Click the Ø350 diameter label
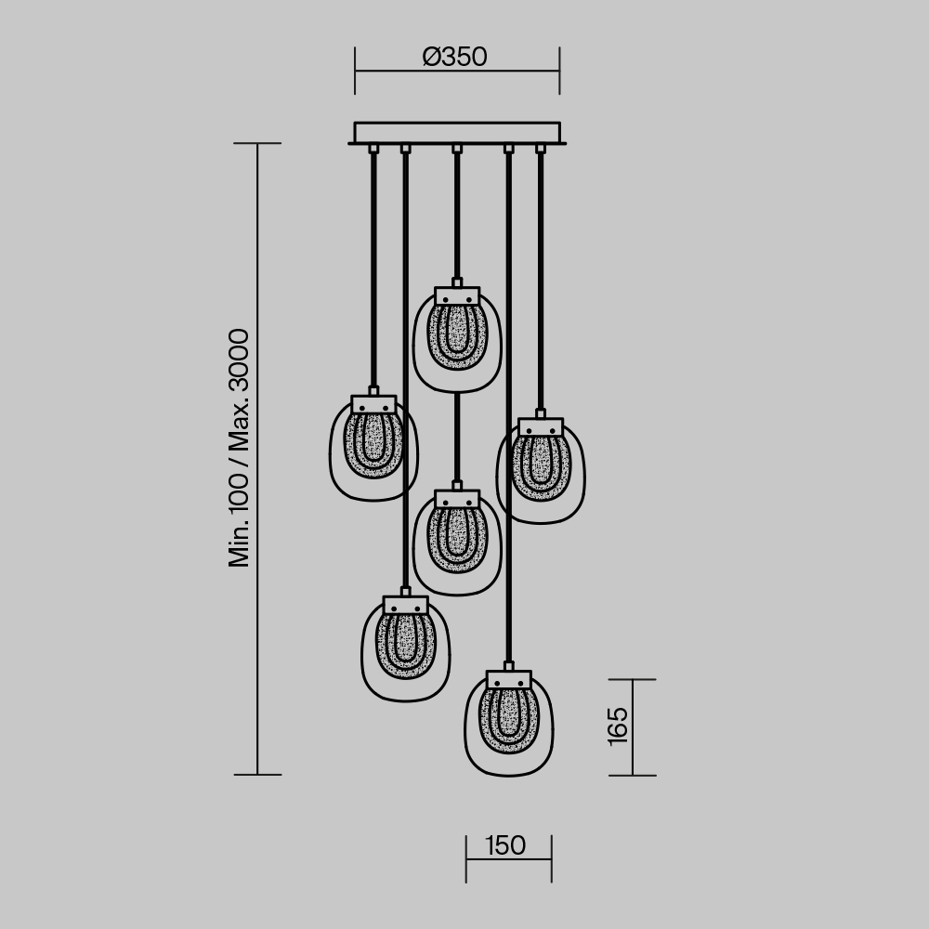tap(454, 58)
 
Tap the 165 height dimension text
tap(618, 726)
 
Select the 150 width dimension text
tap(505, 845)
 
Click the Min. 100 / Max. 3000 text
tap(240, 447)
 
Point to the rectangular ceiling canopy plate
tap(457, 133)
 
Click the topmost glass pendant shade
tap(457, 344)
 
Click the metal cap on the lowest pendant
tap(508, 679)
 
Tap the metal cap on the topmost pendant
tap(457, 295)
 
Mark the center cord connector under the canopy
tap(456, 149)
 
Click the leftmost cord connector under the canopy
tap(373, 149)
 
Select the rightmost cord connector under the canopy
tap(540, 149)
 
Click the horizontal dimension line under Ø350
tap(457, 71)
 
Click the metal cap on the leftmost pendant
tap(373, 404)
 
